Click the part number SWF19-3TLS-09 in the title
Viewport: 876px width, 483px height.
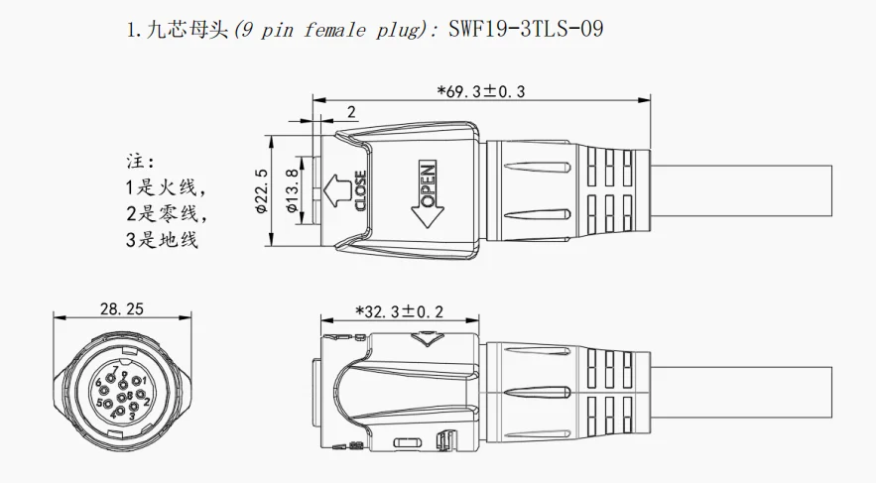coord(523,29)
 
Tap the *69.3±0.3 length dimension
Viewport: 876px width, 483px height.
coord(481,92)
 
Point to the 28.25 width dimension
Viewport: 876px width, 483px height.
coord(121,309)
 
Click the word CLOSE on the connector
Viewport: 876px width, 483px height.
coord(361,189)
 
